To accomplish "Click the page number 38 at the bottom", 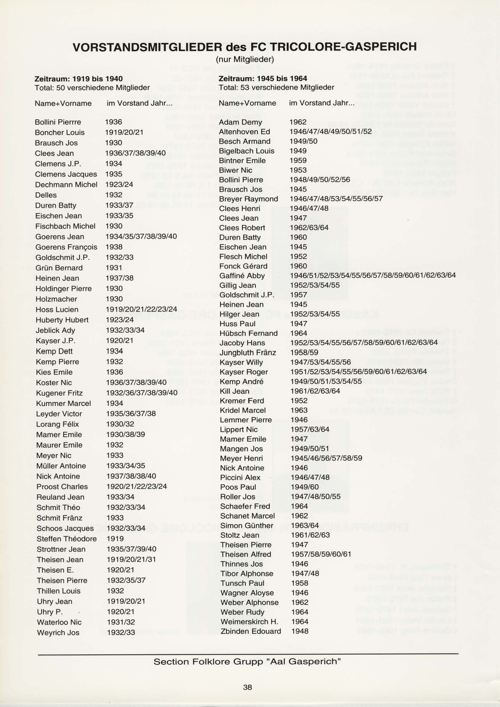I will [x=247, y=687].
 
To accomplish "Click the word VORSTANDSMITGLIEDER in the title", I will [x=147, y=47].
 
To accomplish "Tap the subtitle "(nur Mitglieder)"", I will [x=245, y=59].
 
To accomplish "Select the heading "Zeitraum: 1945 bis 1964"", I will [x=263, y=79].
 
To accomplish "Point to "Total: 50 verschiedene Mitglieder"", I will [x=92, y=88].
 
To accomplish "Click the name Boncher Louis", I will [x=60, y=132].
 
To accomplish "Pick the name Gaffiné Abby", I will [x=242, y=276].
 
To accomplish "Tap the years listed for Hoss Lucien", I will [x=141, y=309].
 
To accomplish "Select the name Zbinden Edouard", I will [x=251, y=631].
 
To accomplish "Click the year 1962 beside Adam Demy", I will [x=298, y=122].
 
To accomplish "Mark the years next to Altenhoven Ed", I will [x=330, y=132].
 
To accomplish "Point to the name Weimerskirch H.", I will [x=249, y=621].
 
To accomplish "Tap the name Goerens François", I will [x=66, y=247].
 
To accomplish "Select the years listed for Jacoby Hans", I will [x=364, y=342].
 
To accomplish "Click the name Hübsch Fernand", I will [x=248, y=333].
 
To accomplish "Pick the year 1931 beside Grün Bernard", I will [x=114, y=268].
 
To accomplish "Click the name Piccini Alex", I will [x=240, y=477].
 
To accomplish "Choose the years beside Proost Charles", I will [x=136, y=486].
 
